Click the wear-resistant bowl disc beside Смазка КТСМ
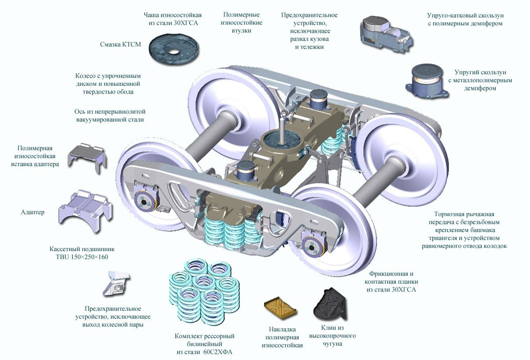point(173,48)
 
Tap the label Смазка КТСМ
point(120,44)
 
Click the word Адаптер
point(33,212)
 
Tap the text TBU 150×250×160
point(82,257)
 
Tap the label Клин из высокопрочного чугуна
point(332,336)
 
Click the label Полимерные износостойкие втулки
point(241,23)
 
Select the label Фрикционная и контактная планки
point(391,282)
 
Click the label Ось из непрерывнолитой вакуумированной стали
point(109,115)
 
